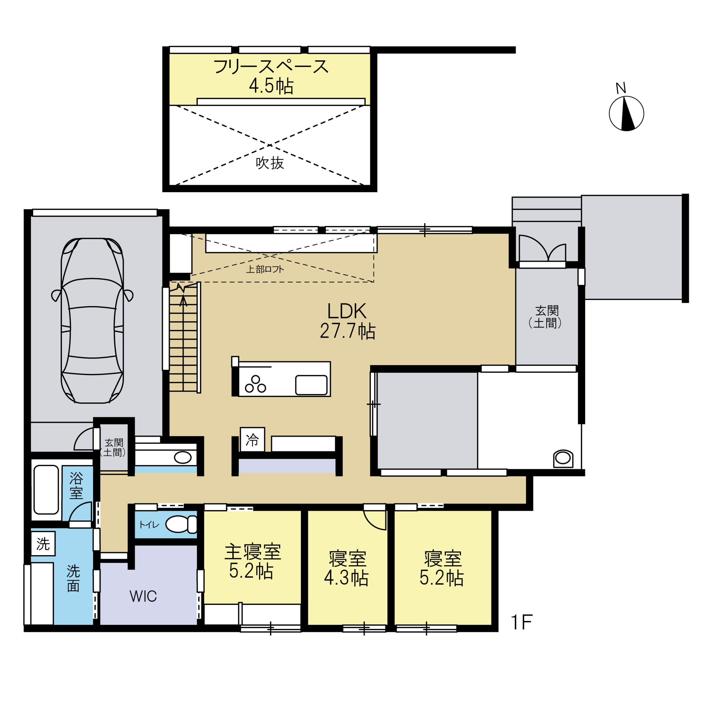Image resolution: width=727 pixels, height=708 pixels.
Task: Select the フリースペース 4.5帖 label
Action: coord(271,76)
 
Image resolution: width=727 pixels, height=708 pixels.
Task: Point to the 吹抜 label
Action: coord(270,163)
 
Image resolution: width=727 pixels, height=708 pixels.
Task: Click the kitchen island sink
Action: coord(311,385)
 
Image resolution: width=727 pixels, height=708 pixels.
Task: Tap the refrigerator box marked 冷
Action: coord(252,439)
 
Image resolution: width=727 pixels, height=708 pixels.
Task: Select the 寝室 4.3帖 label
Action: coord(347,568)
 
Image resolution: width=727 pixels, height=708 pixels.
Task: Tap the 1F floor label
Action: coord(522,622)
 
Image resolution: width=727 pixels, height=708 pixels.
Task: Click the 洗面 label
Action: coord(74,578)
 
